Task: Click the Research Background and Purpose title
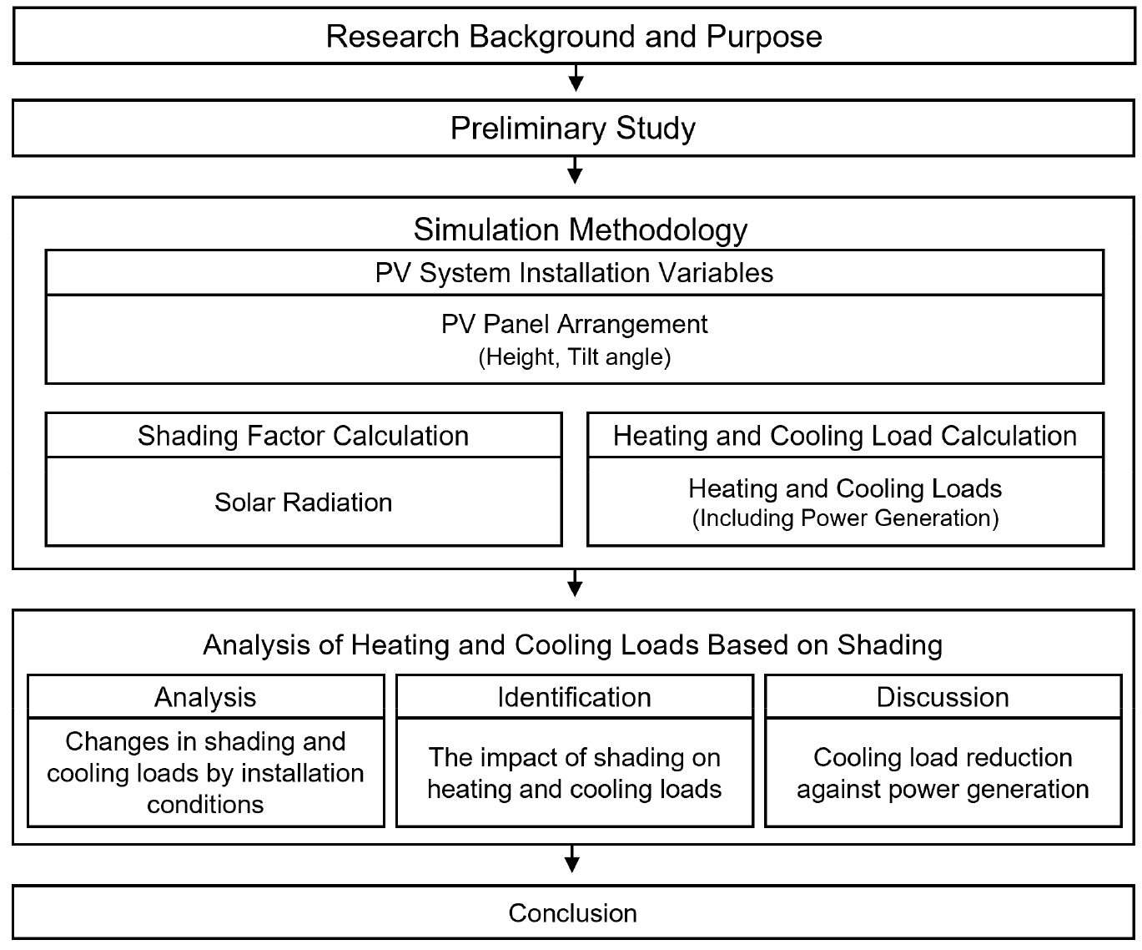pos(574,37)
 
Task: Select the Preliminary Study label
pos(572,129)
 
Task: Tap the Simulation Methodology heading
pos(581,230)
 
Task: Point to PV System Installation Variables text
pos(574,272)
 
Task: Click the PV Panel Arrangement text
pos(574,324)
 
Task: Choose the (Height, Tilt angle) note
pos(574,356)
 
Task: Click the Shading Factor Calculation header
pos(303,436)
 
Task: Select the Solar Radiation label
pos(303,503)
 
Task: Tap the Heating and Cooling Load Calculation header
pos(845,436)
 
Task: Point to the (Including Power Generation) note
pos(845,518)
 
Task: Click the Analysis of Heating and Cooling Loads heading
pos(572,644)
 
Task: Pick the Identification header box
pos(574,696)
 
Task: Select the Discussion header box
pos(943,696)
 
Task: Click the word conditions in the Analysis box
pos(206,805)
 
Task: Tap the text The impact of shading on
pos(574,757)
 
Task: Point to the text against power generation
pos(943,789)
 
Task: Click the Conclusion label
pos(572,912)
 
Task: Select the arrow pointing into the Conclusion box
pos(572,859)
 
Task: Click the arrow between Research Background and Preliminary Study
pos(576,78)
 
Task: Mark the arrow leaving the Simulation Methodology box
pos(575,583)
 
